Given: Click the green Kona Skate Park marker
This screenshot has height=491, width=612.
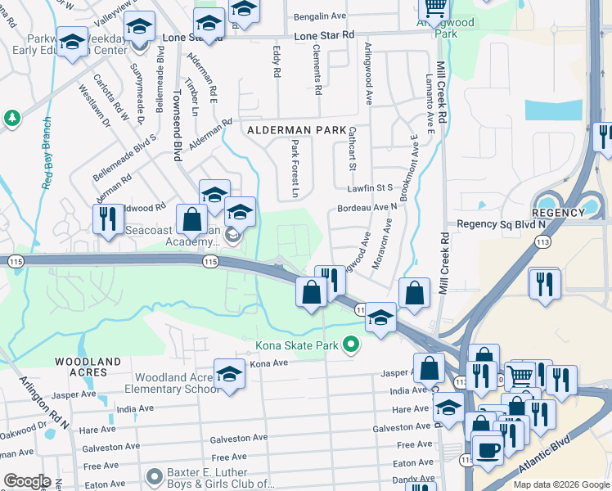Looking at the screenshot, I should [x=352, y=345].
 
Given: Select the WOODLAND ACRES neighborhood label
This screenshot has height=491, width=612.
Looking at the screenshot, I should [x=88, y=367].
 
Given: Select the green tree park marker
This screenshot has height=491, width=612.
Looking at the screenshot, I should [x=12, y=119].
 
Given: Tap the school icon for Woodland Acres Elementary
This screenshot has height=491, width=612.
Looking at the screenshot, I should [x=230, y=375].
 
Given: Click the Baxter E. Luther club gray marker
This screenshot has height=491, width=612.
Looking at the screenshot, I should [x=153, y=475].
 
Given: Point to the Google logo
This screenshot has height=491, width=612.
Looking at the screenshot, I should [x=27, y=481].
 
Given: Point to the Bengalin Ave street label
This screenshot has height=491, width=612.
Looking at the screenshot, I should [x=321, y=16].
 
